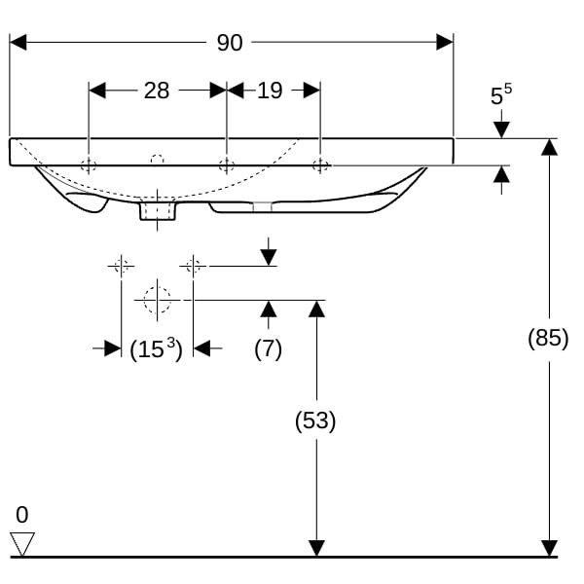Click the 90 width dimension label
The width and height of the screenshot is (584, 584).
230,42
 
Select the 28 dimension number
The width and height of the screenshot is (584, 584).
156,91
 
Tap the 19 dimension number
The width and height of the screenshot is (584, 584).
270,91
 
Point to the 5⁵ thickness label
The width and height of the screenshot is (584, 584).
500,95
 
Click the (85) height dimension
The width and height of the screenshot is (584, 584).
548,339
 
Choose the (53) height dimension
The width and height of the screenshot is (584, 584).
315,420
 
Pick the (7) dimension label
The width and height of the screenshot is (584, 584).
268,348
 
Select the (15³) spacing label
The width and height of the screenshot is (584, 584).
157,349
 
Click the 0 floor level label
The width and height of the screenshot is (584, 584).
21,515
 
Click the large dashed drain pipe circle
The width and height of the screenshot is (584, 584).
157,300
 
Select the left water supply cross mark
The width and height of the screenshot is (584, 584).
121,265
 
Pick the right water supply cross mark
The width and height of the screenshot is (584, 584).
193,265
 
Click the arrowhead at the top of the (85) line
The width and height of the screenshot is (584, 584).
549,147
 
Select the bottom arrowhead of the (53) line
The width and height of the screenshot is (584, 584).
315,549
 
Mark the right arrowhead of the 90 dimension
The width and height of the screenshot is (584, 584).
446,42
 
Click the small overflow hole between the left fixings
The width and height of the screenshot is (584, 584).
156,157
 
